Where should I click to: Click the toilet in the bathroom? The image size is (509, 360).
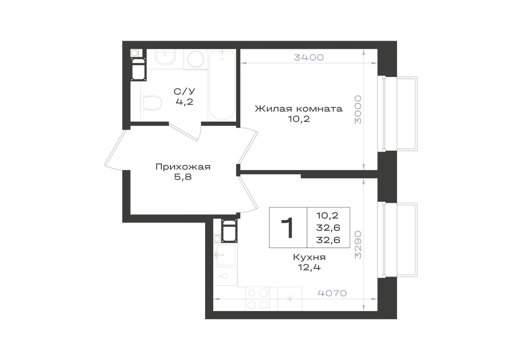point(151,103)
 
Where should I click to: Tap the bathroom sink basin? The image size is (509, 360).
point(165,58)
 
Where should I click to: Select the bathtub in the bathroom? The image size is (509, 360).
point(222,85)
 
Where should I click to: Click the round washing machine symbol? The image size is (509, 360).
point(196,60)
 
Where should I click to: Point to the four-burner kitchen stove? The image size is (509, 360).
point(259,299)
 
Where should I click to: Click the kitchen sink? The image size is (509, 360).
point(226,255)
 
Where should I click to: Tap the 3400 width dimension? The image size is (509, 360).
point(309,58)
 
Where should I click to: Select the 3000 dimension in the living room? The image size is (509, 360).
point(358,109)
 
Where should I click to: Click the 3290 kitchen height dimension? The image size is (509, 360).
point(358,244)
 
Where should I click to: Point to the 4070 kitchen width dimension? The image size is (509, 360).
point(332,293)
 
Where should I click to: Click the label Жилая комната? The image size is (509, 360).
point(299,108)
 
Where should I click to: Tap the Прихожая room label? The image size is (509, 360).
point(183,167)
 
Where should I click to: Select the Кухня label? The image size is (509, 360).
point(309,258)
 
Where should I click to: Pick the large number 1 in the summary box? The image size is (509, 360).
point(287,228)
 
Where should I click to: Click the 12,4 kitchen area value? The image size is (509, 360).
point(309,267)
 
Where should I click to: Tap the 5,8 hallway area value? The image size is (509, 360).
point(183,177)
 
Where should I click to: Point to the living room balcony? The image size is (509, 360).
point(400,114)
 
